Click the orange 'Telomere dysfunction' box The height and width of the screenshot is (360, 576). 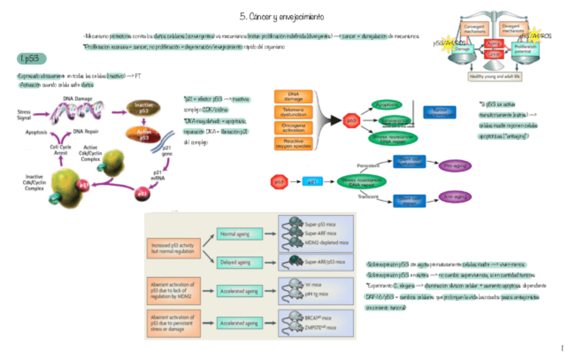293,113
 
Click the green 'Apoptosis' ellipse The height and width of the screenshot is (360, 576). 388,106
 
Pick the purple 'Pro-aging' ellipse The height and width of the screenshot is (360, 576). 455,165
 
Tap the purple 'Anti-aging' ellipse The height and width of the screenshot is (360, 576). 455,197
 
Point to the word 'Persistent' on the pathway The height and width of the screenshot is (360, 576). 367,165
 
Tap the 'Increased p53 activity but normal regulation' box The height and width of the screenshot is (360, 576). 173,247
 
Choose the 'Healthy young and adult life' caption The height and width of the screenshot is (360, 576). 494,77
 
